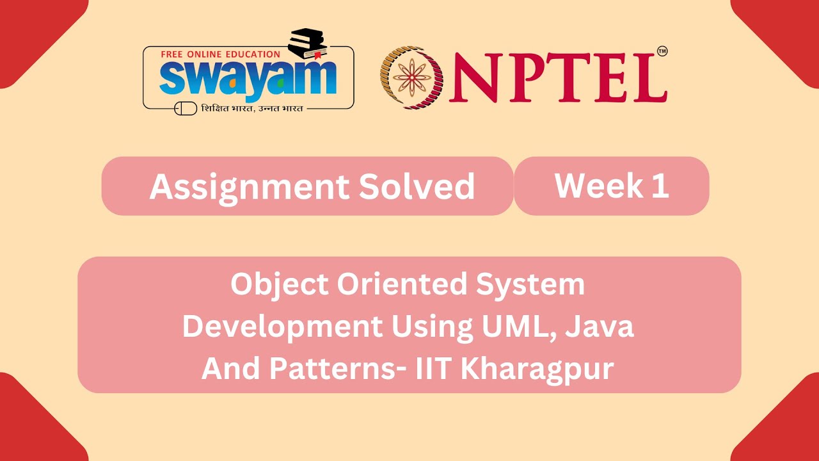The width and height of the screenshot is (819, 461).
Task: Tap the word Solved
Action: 417,187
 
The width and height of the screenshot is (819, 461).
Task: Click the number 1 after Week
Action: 662,186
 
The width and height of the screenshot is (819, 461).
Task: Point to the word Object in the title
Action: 280,285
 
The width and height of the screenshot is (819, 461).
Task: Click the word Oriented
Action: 402,285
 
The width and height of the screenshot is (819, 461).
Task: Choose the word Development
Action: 282,327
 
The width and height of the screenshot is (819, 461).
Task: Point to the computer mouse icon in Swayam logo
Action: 186,109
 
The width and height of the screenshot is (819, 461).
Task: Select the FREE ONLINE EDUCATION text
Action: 221,54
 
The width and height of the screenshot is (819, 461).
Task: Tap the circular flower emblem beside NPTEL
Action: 412,77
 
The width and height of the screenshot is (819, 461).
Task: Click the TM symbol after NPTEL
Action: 662,51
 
